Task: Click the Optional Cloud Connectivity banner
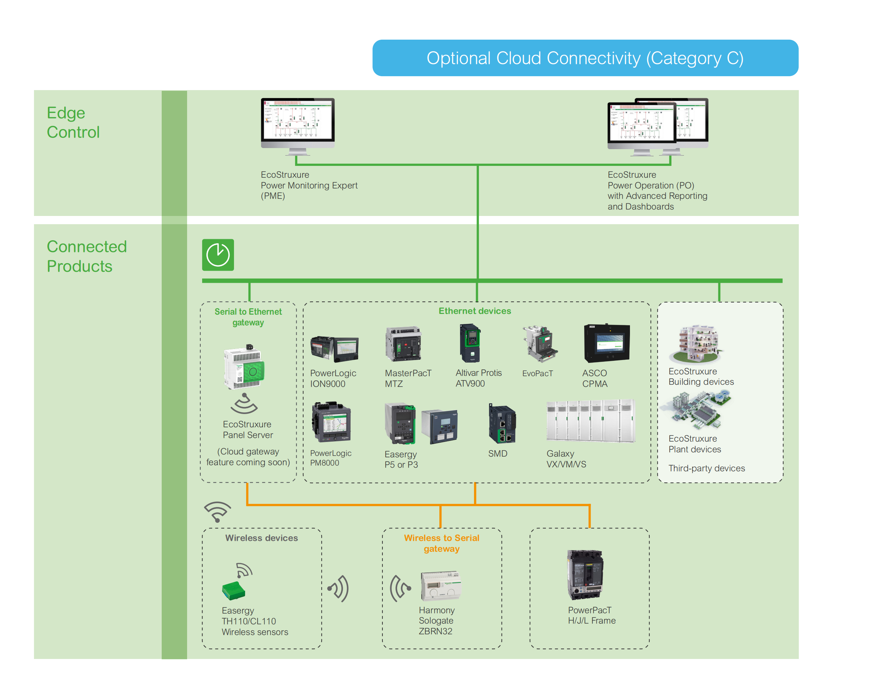pos(585,58)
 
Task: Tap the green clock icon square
pos(218,255)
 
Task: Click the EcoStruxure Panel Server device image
pos(245,367)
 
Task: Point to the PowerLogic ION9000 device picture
pos(334,349)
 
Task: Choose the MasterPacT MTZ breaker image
pos(404,344)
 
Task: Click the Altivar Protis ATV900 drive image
pos(470,343)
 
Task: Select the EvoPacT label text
pos(537,374)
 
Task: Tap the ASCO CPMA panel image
pos(607,343)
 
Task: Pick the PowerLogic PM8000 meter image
pos(331,422)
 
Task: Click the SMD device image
pos(502,425)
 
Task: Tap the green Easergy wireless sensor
pos(233,591)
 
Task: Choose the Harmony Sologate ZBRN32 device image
pos(441,586)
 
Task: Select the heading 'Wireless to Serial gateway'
pos(441,543)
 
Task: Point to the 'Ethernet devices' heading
pos(475,311)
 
